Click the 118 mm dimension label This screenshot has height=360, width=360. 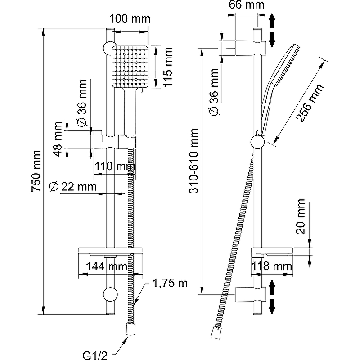coord(271,266)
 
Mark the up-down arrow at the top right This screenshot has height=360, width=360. coord(272,31)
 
